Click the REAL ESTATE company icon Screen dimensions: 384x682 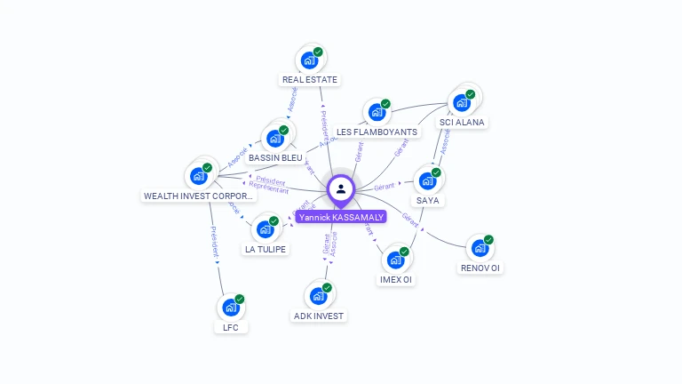tap(309, 60)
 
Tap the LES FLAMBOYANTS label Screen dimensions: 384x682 tap(377, 132)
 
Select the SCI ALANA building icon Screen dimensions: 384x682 tap(461, 102)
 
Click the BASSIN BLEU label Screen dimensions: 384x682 tap(275, 157)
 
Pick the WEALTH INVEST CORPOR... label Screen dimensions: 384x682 tap(199, 196)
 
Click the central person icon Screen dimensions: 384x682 tap(341, 188)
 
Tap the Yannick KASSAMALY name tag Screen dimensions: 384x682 tap(341, 217)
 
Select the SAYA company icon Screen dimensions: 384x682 tap(427, 180)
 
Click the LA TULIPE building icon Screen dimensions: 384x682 tap(265, 229)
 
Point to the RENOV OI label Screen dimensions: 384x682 tap(480, 268)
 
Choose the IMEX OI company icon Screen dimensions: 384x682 tap(395, 260)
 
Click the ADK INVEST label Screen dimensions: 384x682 tap(318, 316)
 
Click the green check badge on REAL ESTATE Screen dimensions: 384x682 tap(318, 52)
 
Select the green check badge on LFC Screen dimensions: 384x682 tap(240, 299)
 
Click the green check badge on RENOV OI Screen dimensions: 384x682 tap(488, 239)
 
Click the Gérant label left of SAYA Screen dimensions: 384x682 tap(384, 187)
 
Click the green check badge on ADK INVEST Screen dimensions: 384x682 tap(327, 287)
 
